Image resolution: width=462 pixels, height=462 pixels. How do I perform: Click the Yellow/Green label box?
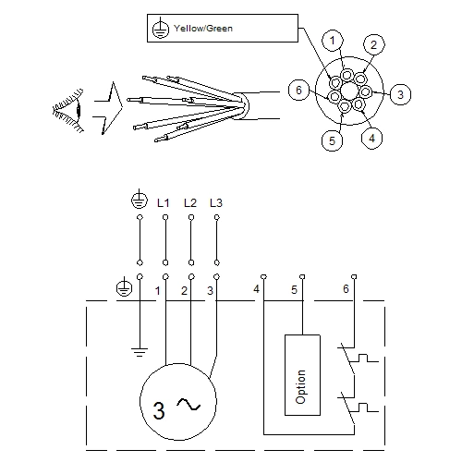click(221, 28)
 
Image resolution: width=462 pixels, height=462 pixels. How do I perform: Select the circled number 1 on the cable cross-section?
click(334, 39)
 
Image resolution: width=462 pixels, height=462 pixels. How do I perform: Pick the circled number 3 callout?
click(399, 93)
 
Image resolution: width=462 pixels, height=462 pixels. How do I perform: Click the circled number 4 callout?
click(370, 139)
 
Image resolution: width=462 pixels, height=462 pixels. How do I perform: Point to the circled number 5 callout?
click(331, 141)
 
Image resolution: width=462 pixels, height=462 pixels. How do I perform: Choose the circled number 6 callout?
click(297, 90)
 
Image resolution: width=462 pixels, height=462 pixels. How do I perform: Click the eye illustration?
click(67, 113)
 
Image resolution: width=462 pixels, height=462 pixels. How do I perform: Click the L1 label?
click(164, 201)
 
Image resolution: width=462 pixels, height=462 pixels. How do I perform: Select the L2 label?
click(190, 201)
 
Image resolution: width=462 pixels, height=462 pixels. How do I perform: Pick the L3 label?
click(216, 201)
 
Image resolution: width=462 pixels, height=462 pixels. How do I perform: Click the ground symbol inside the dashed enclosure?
click(139, 350)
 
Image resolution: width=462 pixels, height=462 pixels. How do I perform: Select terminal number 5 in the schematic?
click(294, 290)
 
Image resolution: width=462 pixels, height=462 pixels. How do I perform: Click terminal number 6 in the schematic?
click(346, 289)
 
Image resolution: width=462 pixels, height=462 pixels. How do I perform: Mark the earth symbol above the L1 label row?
click(139, 200)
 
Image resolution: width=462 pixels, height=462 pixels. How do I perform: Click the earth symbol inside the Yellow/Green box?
click(158, 29)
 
